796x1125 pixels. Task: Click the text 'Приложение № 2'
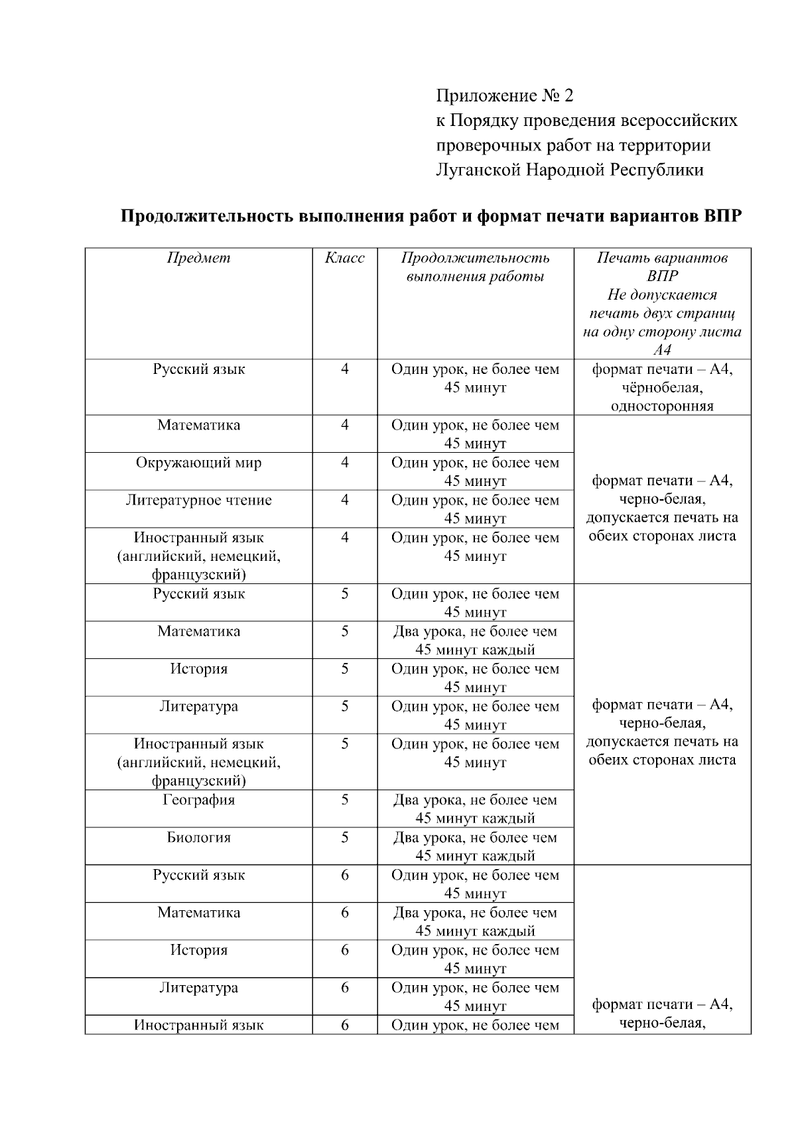(x=504, y=96)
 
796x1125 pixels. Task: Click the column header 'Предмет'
(x=198, y=258)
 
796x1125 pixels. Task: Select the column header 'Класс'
(x=344, y=258)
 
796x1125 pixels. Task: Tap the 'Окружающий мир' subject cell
(x=198, y=463)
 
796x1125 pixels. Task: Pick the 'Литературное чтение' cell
(x=198, y=501)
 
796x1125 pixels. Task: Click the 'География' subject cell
(x=198, y=800)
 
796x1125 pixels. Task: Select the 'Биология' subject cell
(x=198, y=838)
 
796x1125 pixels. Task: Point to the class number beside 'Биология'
(x=344, y=838)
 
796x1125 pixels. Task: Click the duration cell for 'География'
(x=475, y=809)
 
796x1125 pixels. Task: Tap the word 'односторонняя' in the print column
(x=662, y=406)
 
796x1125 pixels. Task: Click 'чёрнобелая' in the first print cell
(x=662, y=388)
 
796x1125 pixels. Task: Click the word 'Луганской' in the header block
(x=478, y=170)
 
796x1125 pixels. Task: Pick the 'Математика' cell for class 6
(x=198, y=913)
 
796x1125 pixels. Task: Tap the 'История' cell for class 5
(x=198, y=669)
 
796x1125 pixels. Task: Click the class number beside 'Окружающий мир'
(x=344, y=463)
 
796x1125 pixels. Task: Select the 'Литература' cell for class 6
(x=198, y=988)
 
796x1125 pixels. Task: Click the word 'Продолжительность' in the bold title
(x=208, y=217)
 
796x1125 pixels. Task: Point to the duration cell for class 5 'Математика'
(x=475, y=640)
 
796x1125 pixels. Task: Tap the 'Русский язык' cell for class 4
(x=198, y=369)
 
